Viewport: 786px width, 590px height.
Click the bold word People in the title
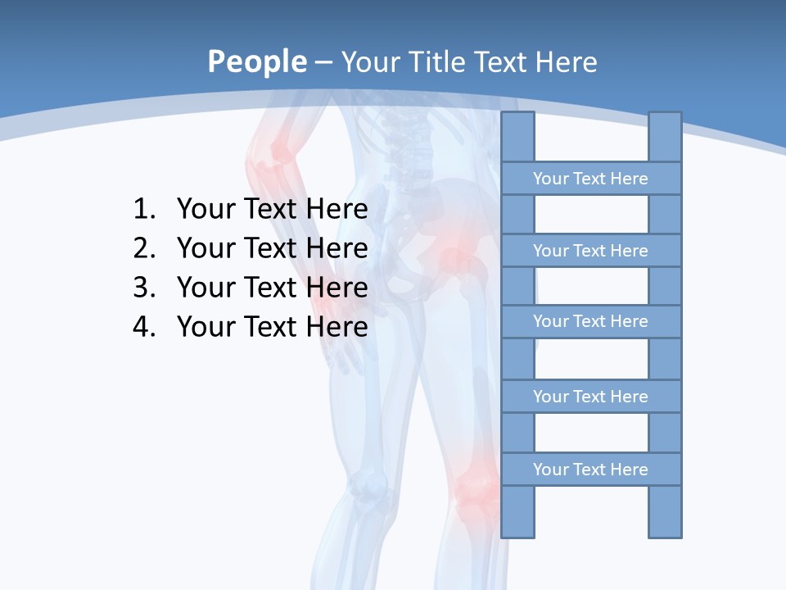[x=256, y=61]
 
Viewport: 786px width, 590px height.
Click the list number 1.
[x=143, y=210]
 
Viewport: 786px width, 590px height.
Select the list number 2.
[x=143, y=248]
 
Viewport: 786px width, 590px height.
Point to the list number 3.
[x=143, y=288]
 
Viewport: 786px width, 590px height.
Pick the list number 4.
[x=143, y=327]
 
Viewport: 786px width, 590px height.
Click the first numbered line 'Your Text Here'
[x=272, y=210]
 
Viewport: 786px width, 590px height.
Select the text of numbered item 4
[x=272, y=327]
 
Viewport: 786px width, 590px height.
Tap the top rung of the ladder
[x=590, y=179]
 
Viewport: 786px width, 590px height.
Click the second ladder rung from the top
[x=590, y=251]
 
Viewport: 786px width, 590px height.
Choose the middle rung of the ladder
[x=590, y=321]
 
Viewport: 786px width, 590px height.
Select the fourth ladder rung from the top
[x=590, y=397]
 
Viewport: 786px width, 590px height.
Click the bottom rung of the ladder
[x=590, y=470]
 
